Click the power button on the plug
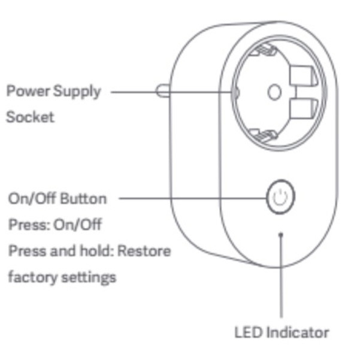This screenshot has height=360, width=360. click(x=280, y=196)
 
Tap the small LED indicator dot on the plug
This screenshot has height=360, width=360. click(x=282, y=235)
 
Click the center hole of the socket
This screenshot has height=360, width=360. click(x=274, y=92)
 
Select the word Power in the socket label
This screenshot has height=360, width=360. click(x=26, y=92)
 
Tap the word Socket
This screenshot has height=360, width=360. click(x=30, y=117)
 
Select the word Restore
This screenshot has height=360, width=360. click(x=144, y=250)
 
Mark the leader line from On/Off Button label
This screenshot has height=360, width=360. click(x=192, y=197)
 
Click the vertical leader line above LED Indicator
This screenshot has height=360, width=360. click(x=282, y=282)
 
